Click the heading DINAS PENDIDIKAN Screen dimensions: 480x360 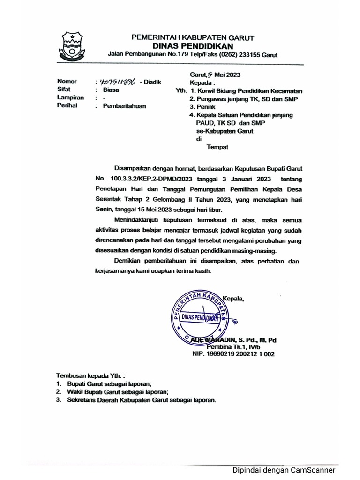(x=186, y=45)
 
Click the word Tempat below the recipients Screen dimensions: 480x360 (x=217, y=147)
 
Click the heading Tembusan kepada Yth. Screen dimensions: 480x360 (x=91, y=376)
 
